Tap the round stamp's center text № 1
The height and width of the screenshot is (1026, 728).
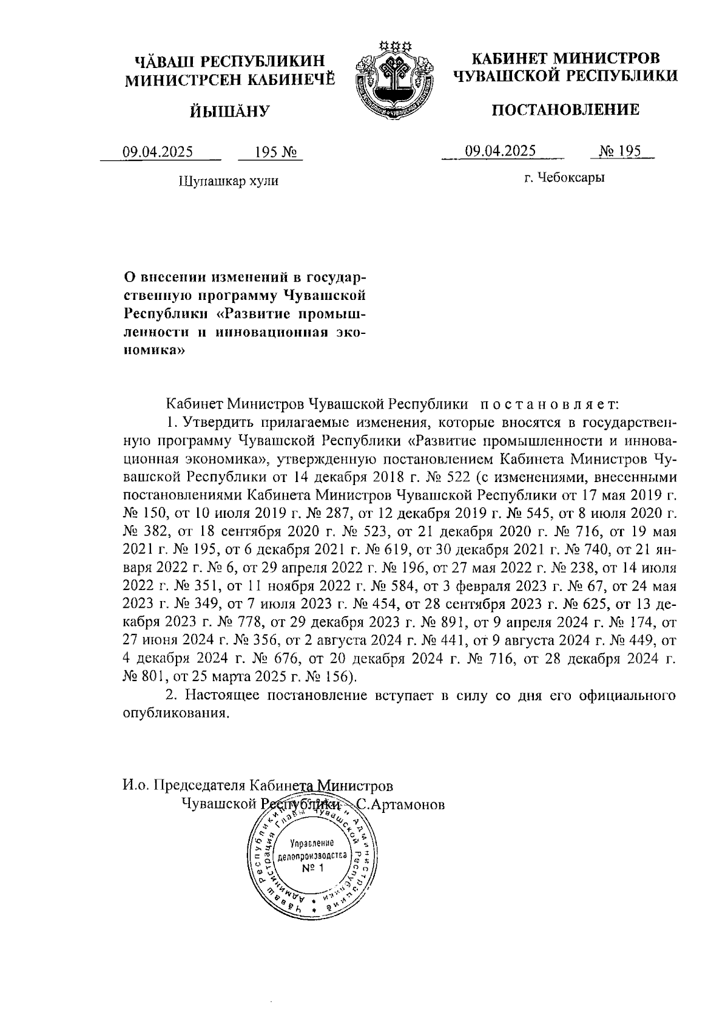[x=313, y=868]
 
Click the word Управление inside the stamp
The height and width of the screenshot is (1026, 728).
[x=313, y=844]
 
